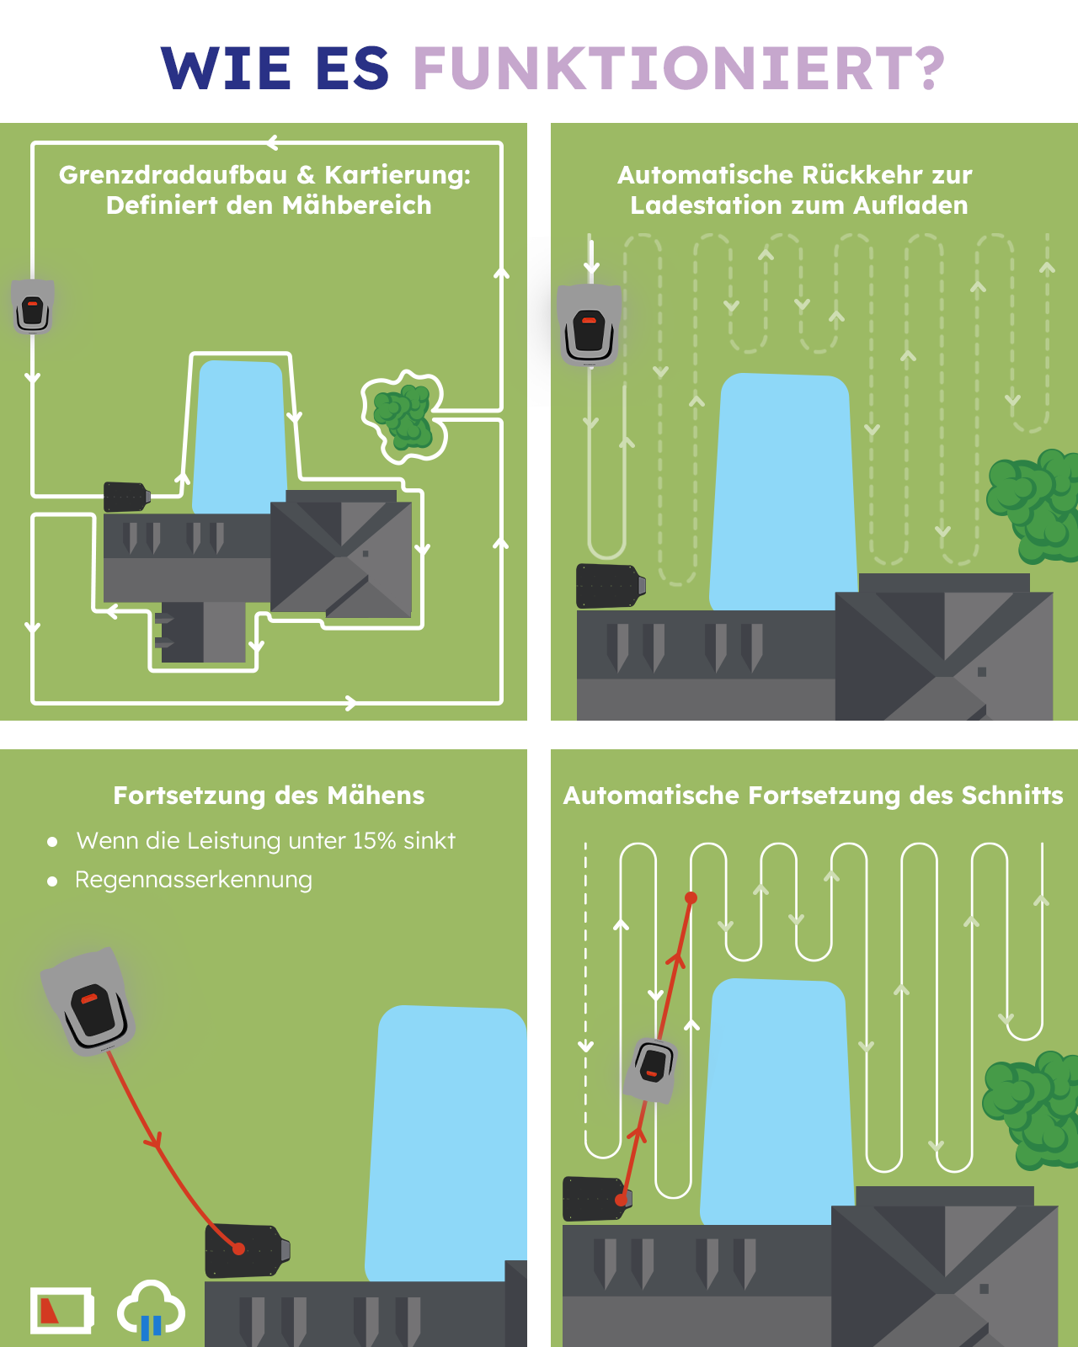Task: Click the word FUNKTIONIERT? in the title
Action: click(x=679, y=68)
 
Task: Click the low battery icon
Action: click(x=61, y=1310)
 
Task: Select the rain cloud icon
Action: click(x=151, y=1308)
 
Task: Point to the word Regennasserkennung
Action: click(x=194, y=880)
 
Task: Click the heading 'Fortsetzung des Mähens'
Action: click(x=269, y=796)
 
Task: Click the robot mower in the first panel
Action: click(x=33, y=306)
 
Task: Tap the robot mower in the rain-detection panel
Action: click(x=89, y=1002)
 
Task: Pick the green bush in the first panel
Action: click(x=403, y=417)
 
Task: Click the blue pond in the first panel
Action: click(x=240, y=434)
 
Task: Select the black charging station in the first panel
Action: click(x=125, y=497)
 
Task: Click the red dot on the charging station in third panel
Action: click(x=239, y=1249)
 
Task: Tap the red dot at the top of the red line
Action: click(x=691, y=898)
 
